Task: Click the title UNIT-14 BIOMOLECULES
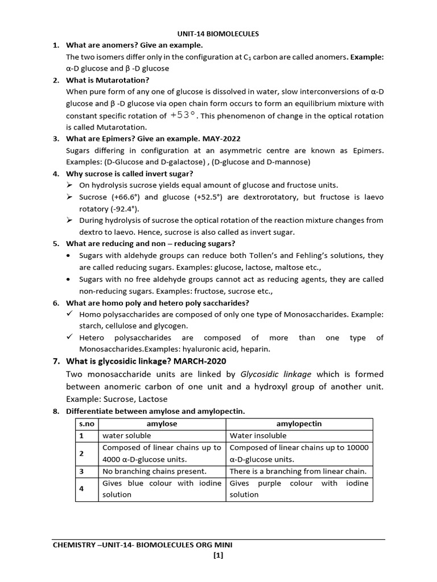pyautogui.click(x=218, y=34)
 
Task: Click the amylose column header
pyautogui.click(x=162, y=424)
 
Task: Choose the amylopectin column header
pyautogui.click(x=299, y=424)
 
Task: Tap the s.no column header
pyautogui.click(x=86, y=424)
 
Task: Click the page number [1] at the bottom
pyautogui.click(x=218, y=556)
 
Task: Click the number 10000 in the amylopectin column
pyautogui.click(x=356, y=447)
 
